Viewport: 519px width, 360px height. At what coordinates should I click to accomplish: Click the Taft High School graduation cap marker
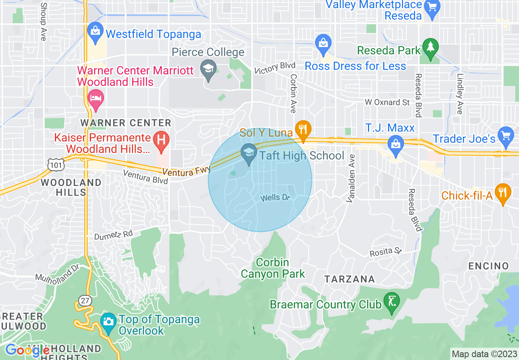point(248,153)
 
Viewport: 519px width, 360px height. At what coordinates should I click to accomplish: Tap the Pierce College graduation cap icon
point(208,69)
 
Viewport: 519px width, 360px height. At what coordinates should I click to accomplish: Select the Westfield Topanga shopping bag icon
point(95,32)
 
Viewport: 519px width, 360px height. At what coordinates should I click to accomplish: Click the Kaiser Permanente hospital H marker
point(161,140)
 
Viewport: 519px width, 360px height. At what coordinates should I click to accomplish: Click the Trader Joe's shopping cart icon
point(506,136)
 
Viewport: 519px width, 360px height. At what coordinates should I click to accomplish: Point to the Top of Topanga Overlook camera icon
point(108,322)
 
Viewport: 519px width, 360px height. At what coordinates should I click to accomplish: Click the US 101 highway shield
point(55,164)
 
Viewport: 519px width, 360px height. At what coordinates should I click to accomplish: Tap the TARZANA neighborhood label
point(350,279)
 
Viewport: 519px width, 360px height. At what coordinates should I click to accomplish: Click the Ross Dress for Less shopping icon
point(323,43)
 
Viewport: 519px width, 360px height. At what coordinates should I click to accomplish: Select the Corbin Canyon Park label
point(273,268)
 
